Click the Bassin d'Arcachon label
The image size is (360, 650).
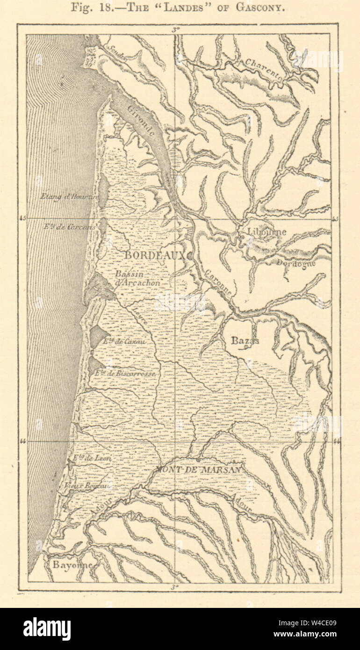pos(138,279)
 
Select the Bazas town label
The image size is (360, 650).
pos(245,341)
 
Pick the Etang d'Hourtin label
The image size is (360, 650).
pos(69,197)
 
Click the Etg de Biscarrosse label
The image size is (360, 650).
pos(125,374)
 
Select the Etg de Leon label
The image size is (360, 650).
pos(92,459)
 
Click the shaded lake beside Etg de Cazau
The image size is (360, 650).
pos(98,336)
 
